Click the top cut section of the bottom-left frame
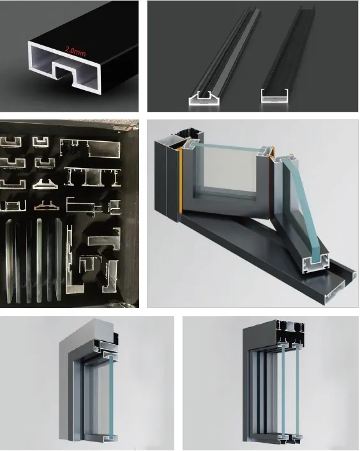(x=106, y=346)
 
